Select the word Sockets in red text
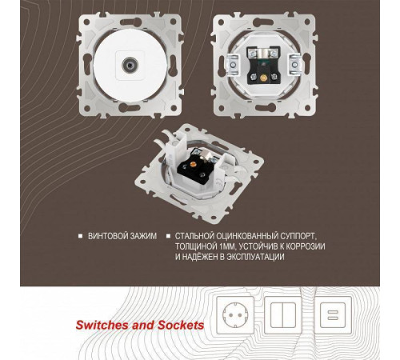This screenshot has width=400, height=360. pyautogui.click(x=181, y=325)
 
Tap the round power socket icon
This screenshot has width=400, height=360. pyautogui.click(x=235, y=315)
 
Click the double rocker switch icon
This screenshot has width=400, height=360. pyautogui.click(x=283, y=315)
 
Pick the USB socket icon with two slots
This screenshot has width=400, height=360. pyautogui.click(x=332, y=315)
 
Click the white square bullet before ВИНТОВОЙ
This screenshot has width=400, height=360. pyautogui.click(x=80, y=236)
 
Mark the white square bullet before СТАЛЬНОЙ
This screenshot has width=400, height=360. pyautogui.click(x=168, y=236)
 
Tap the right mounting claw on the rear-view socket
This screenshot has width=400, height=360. pyautogui.click(x=294, y=64)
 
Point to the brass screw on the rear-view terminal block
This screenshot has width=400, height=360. pyautogui.click(x=263, y=78)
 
